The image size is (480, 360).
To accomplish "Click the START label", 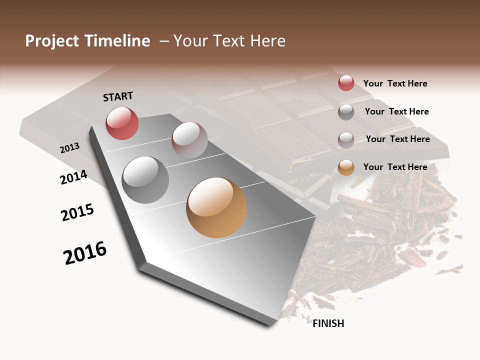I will [118, 96].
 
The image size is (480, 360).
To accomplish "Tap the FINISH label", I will [328, 323].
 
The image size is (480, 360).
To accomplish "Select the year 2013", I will [69, 148].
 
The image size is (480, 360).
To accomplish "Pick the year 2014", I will [73, 177].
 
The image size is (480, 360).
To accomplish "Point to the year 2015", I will [77, 212].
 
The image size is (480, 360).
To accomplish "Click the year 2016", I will [85, 253].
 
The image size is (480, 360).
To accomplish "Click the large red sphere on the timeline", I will [122, 123].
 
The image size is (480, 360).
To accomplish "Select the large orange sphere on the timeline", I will [216, 207].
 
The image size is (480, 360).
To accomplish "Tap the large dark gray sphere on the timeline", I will [145, 180].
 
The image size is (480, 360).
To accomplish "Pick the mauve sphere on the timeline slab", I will [189, 140].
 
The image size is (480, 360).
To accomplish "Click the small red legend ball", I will [346, 83].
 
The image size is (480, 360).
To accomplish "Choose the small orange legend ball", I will [346, 167].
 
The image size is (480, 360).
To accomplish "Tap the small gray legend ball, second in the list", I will [346, 112].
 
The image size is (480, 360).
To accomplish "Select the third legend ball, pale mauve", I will [346, 140].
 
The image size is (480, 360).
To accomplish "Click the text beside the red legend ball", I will [395, 83].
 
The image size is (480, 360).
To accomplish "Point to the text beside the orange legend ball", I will [395, 167].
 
